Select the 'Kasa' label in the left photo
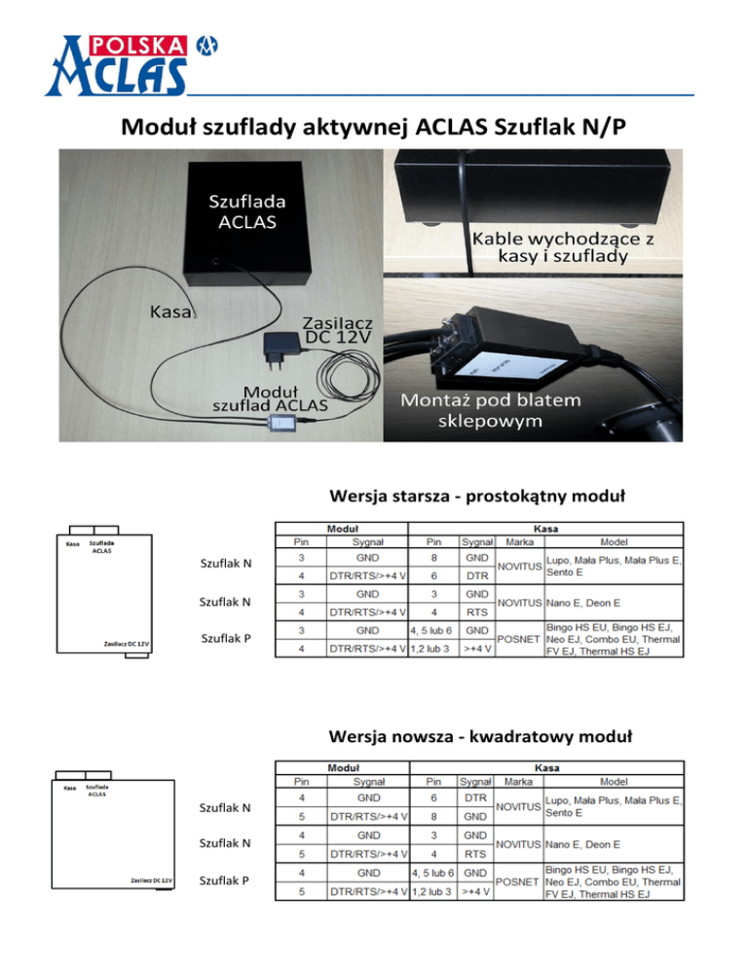click(171, 313)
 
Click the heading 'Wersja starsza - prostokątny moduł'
click(475, 497)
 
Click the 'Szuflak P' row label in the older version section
click(226, 640)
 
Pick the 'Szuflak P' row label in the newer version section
click(226, 881)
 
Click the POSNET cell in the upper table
click(517, 640)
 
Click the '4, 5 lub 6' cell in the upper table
click(429, 630)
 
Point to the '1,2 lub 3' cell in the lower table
click(429, 891)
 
